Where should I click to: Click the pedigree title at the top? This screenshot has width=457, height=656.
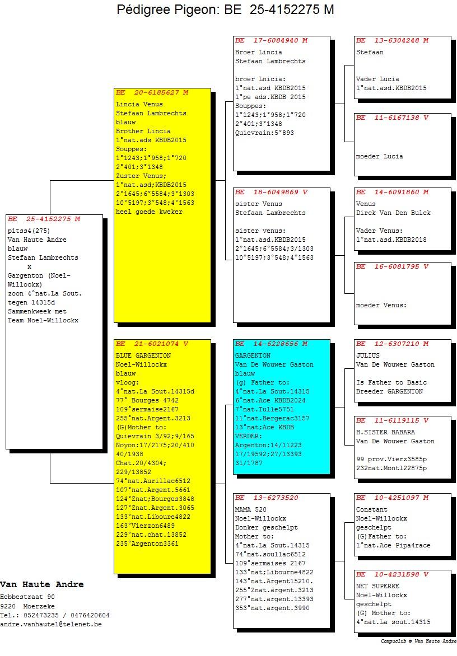tap(225, 9)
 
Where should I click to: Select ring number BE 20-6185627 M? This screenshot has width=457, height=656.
tap(152, 92)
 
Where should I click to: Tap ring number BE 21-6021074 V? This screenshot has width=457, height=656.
tap(152, 344)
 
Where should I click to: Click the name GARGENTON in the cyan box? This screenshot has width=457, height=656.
tap(253, 355)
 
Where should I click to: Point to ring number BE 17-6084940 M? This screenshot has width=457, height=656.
tap(271, 41)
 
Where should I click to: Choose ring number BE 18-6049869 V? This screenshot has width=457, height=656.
tap(271, 193)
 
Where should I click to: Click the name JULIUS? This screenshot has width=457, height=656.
tap(368, 355)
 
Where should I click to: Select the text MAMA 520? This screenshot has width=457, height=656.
tap(251, 509)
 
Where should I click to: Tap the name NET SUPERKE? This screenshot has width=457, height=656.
tap(377, 587)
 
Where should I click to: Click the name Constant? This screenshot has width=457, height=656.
tap(372, 509)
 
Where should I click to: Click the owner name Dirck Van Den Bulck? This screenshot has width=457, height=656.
tap(393, 213)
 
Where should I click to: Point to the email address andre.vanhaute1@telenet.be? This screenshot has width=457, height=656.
tap(51, 625)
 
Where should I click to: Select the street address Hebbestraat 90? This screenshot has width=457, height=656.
tap(27, 597)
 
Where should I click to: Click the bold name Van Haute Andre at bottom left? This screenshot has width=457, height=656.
tap(42, 584)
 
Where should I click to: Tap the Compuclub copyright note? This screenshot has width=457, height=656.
tap(418, 641)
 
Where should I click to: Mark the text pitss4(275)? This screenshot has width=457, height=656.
tap(29, 231)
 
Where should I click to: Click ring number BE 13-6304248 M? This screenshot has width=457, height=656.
tap(392, 41)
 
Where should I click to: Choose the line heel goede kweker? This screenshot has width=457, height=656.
tap(149, 212)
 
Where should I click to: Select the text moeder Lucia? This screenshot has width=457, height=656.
tap(380, 157)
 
